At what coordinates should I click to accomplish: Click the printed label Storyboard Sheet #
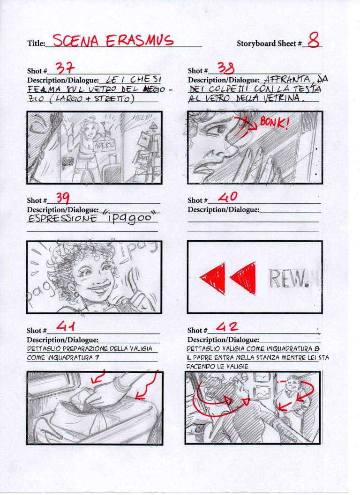269,44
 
